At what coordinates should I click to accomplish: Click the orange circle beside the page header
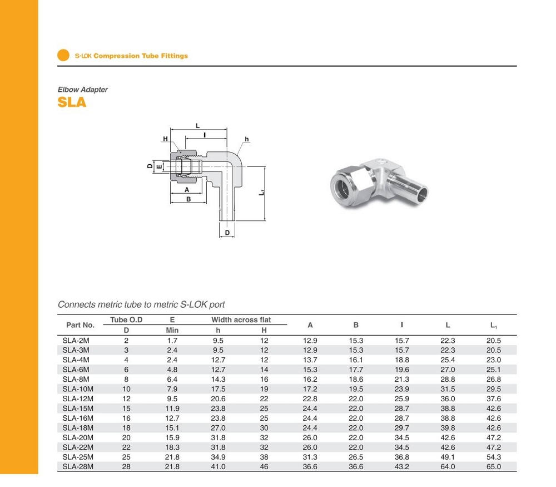[63, 56]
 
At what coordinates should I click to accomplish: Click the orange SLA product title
[72, 103]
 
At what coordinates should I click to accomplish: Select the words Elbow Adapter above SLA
[83, 90]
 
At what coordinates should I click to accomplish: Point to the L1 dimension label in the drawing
[262, 193]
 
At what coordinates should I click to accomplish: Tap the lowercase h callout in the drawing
[247, 139]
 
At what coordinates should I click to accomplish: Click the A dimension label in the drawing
[187, 190]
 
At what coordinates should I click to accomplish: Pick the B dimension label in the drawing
[188, 199]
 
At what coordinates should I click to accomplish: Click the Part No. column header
[80, 325]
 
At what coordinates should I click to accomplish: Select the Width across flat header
[241, 320]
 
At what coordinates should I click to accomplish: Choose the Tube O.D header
[126, 320]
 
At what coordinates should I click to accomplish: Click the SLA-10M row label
[78, 388]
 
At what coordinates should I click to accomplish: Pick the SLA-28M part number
[78, 466]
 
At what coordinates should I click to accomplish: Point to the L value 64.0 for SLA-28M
[448, 466]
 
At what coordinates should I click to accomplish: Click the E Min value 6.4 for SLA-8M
[172, 379]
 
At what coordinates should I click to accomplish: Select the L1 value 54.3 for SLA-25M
[494, 457]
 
